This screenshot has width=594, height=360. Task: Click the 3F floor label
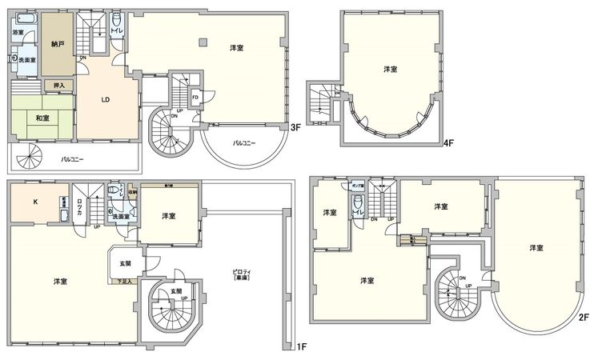(x=295, y=127)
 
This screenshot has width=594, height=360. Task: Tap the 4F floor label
(x=450, y=145)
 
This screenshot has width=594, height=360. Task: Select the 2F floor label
(x=583, y=316)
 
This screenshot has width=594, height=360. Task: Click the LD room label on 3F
(x=105, y=100)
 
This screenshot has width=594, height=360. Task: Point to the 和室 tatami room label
(x=42, y=118)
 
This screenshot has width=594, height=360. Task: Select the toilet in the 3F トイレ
(x=117, y=21)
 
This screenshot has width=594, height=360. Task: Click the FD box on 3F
(x=195, y=98)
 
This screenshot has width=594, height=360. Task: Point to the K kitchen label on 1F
(x=35, y=202)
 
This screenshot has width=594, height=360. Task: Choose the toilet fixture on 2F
(x=358, y=202)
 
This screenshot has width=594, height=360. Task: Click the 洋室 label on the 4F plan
(x=389, y=70)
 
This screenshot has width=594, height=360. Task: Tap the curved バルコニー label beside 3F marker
(x=244, y=142)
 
